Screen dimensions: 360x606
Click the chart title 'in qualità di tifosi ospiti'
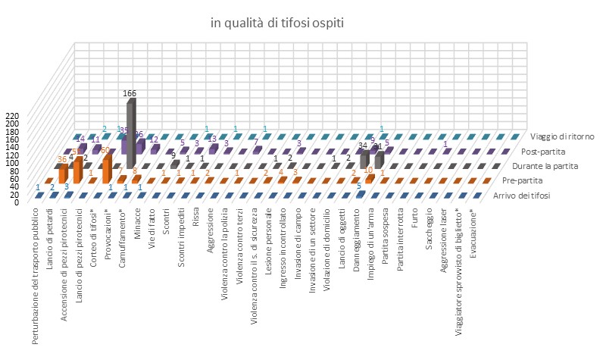(277, 23)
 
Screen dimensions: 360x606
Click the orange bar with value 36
(64, 174)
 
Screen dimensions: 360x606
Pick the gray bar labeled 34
(364, 158)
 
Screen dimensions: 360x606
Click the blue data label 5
(360, 186)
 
